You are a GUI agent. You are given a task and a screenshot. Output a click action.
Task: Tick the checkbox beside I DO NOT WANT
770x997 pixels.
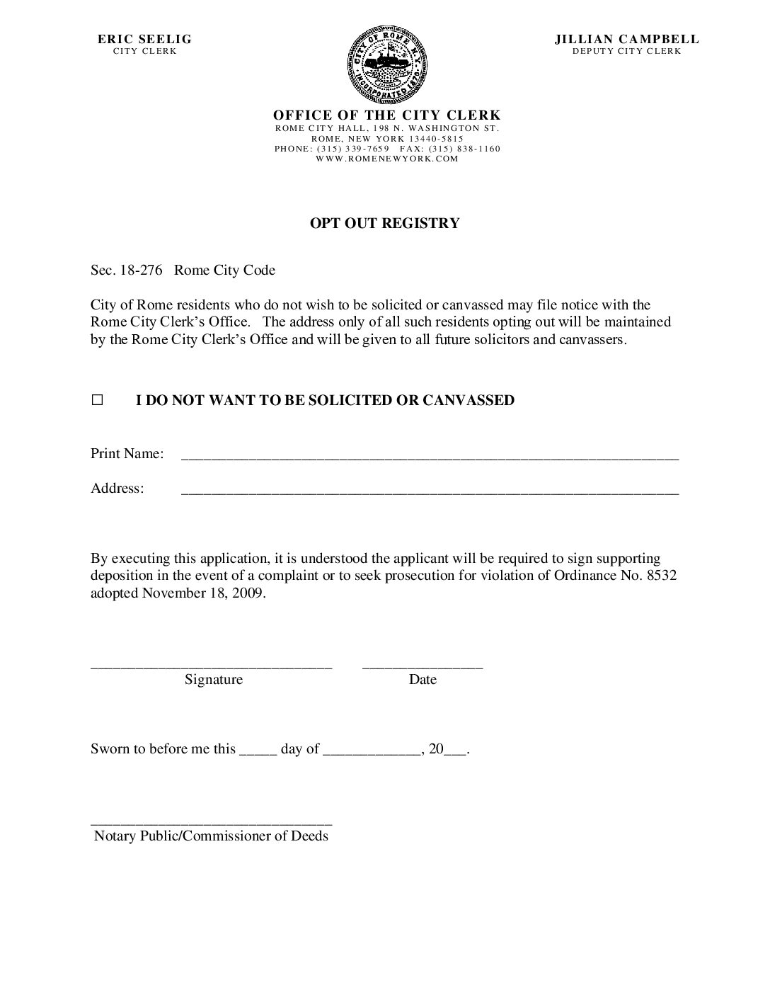pos(97,401)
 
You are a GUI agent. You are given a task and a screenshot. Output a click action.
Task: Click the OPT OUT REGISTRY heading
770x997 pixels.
pos(384,224)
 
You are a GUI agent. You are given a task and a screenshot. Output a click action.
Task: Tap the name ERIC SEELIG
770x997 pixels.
pos(144,40)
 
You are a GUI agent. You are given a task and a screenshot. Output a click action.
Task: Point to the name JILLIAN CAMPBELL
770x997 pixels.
pos(626,40)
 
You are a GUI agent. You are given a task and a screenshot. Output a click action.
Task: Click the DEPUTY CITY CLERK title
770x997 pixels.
pos(626,52)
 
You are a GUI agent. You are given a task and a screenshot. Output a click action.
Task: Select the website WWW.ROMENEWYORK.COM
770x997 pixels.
pos(387,159)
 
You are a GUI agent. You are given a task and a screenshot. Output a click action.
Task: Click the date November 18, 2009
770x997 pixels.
pos(204,593)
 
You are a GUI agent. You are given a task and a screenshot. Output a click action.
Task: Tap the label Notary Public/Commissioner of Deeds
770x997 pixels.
pos(211,836)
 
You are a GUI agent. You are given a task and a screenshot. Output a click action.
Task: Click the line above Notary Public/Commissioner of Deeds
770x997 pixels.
pos(211,824)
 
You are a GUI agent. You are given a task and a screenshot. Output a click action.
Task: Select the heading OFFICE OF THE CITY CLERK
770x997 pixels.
pos(386,115)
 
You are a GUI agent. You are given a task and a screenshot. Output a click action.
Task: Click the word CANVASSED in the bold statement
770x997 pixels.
pos(468,401)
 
